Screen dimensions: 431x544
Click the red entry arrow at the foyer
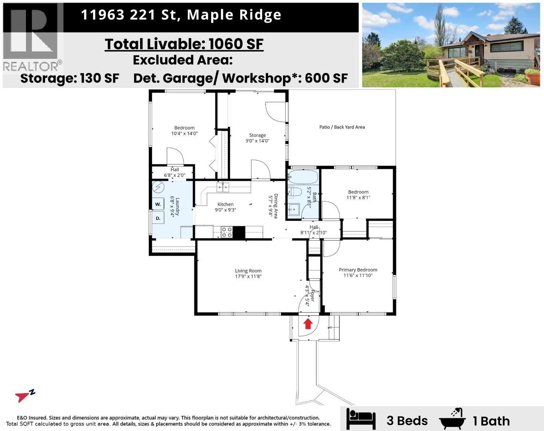(308, 323)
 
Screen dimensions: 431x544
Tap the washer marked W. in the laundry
(158, 204)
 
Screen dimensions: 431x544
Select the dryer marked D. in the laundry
(158, 218)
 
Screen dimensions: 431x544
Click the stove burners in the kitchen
(227, 232)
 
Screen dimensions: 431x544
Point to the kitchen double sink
(223, 187)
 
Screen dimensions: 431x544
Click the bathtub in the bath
(303, 177)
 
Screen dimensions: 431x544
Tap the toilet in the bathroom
(295, 192)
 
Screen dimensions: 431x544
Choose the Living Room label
(248, 271)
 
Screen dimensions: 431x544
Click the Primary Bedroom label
(358, 270)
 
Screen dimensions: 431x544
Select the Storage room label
(257, 135)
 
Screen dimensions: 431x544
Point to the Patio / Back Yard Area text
(342, 127)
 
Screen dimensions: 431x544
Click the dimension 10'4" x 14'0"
(184, 134)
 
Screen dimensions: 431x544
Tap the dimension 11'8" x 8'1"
(358, 198)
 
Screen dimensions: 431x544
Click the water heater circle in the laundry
(158, 186)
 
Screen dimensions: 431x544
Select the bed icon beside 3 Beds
(361, 419)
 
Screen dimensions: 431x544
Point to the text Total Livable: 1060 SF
(184, 44)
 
